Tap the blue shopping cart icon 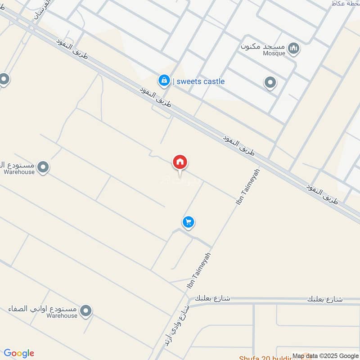(189, 222)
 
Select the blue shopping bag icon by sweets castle (164, 81)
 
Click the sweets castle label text (201, 81)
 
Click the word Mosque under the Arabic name (274, 54)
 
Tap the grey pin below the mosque (270, 83)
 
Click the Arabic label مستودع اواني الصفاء (43, 309)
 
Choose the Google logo (19, 353)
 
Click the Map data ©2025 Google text (325, 355)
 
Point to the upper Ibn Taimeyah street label (248, 187)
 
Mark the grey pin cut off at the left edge (4, 80)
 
